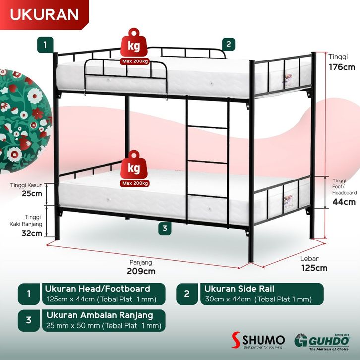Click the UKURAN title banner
tap(45, 14)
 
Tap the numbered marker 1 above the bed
tap(45, 44)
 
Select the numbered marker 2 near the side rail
tap(228, 44)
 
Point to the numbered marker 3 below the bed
tap(164, 229)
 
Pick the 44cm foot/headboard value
tap(344, 202)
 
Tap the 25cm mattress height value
tap(32, 194)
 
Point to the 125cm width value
tap(314, 268)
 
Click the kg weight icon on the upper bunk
tap(134, 46)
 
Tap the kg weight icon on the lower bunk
tap(134, 168)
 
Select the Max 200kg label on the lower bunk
tap(134, 183)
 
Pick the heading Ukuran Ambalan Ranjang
tap(100, 315)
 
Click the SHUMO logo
tap(258, 340)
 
